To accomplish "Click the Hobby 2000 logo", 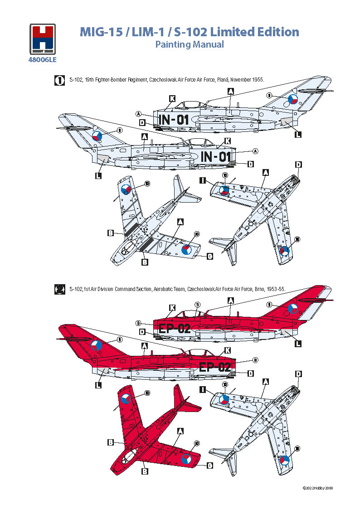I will (43, 39).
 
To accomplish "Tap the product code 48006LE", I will (43, 58).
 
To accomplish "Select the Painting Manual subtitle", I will (190, 44).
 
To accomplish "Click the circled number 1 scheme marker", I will (58, 80).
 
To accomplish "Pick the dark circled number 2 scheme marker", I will (58, 289).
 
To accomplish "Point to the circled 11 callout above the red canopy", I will (197, 305).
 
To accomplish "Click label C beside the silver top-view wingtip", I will (210, 256).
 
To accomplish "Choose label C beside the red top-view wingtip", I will (210, 465).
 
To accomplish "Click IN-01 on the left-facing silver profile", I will (173, 120).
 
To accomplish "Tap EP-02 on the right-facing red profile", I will (215, 367).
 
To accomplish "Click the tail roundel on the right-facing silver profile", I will (97, 136).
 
